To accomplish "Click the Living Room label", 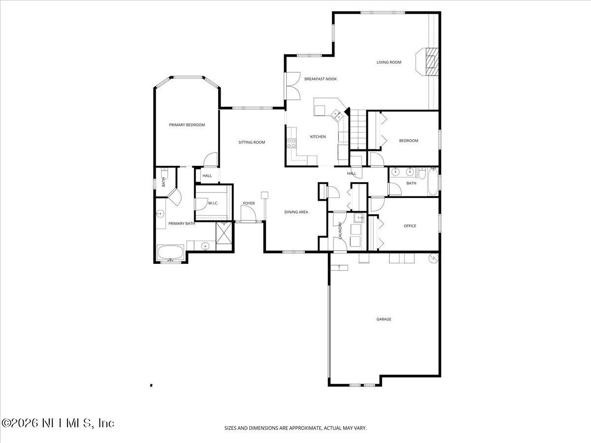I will point(389,63).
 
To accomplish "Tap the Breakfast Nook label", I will point(320,79).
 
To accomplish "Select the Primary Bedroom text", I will point(187,125).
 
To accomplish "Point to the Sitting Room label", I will point(252,142).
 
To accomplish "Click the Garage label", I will point(384,319).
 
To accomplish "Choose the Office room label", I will point(410,226).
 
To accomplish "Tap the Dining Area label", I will point(296,212).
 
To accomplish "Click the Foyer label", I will point(249,203).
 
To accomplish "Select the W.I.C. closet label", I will point(213,203).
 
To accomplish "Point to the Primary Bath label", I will point(182,223).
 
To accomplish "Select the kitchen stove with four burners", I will point(292,143).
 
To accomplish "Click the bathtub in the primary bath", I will point(170,253).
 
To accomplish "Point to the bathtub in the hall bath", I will point(432,182).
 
